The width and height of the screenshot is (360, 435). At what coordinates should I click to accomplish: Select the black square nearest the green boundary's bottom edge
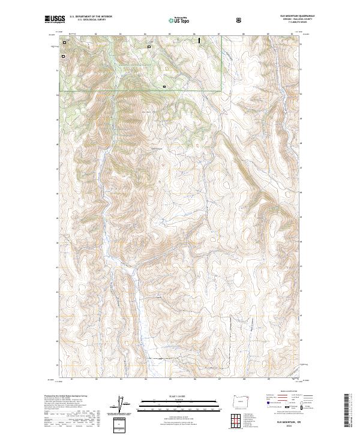tap(164, 87)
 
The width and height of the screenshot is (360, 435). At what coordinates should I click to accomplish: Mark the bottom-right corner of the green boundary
tap(221, 91)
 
